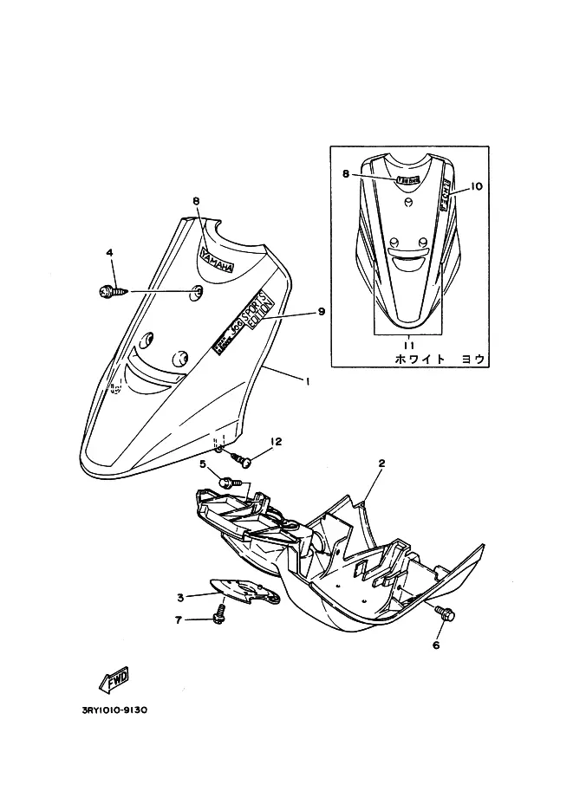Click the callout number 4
coord(110,253)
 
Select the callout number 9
coord(321,312)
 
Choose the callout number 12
coord(277,443)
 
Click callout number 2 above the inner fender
coord(381,464)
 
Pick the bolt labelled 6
coord(445,614)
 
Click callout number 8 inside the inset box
coord(345,173)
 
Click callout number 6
coord(436,645)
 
